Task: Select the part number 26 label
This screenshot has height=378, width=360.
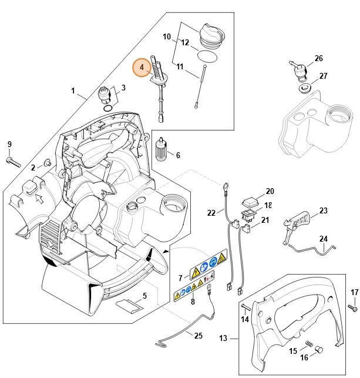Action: coord(318,58)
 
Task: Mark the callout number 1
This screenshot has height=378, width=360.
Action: coord(73,91)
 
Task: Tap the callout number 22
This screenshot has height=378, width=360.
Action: coord(211,212)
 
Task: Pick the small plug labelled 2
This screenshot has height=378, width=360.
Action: coord(46,162)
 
